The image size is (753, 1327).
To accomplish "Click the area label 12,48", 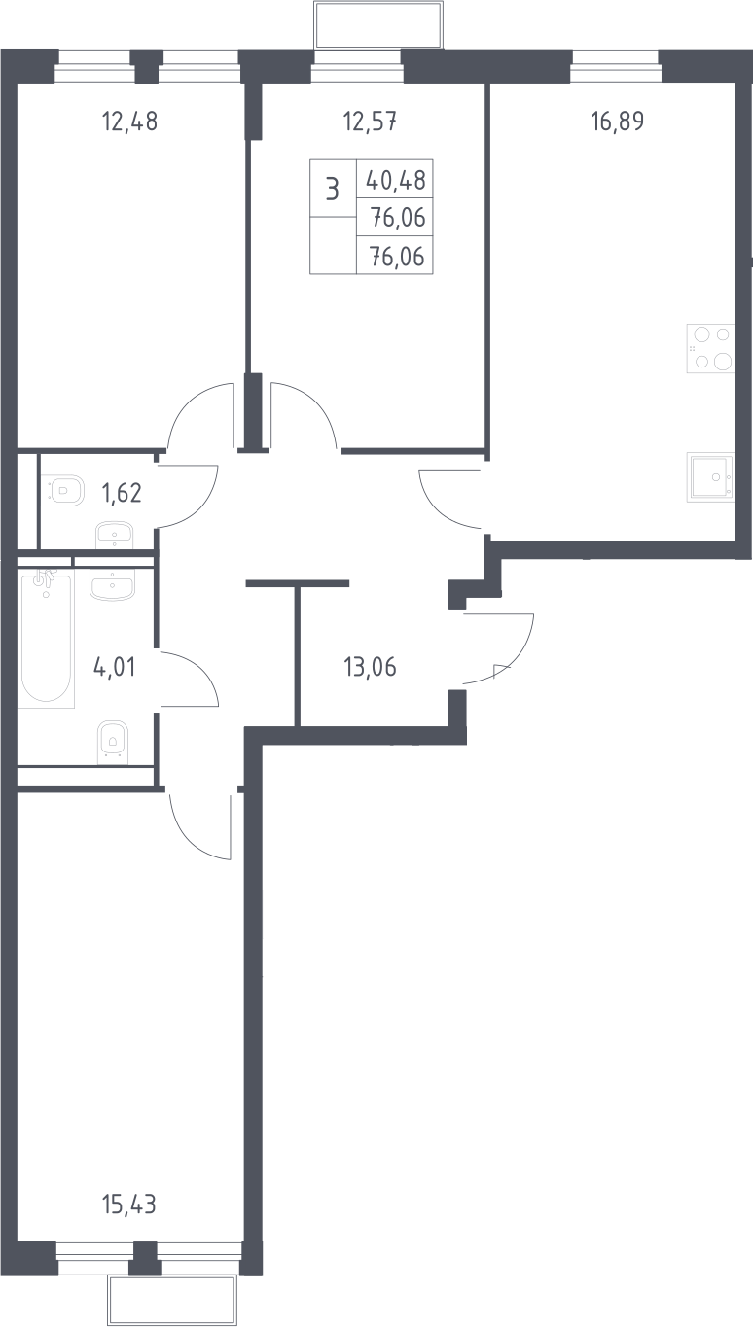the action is click(x=129, y=122).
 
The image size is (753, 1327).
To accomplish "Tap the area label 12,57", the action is click(x=370, y=122).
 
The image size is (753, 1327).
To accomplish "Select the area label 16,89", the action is click(x=617, y=121).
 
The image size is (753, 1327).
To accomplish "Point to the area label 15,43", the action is click(x=129, y=1205).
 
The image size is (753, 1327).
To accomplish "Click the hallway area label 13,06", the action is click(x=370, y=667).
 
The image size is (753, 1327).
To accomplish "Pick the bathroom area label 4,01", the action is click(x=115, y=667).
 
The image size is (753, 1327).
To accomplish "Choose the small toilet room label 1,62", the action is click(x=123, y=493).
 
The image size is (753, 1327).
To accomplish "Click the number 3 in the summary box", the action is click(x=333, y=191).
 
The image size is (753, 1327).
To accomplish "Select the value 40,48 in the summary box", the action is click(x=396, y=180).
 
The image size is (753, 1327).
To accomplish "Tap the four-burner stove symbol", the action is click(x=711, y=348).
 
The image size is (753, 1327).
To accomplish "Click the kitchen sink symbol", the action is click(x=711, y=477).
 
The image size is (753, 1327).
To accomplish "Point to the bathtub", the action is click(x=47, y=639).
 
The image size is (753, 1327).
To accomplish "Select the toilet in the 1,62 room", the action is click(x=64, y=491).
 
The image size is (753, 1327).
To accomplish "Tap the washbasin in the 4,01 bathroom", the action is click(x=113, y=584).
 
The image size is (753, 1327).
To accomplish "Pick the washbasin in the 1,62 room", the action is click(x=115, y=535).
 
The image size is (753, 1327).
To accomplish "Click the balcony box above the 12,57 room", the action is click(x=378, y=25).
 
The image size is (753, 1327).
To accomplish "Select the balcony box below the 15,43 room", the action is click(x=172, y=1301).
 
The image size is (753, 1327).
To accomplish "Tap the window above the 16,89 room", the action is click(x=616, y=66).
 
